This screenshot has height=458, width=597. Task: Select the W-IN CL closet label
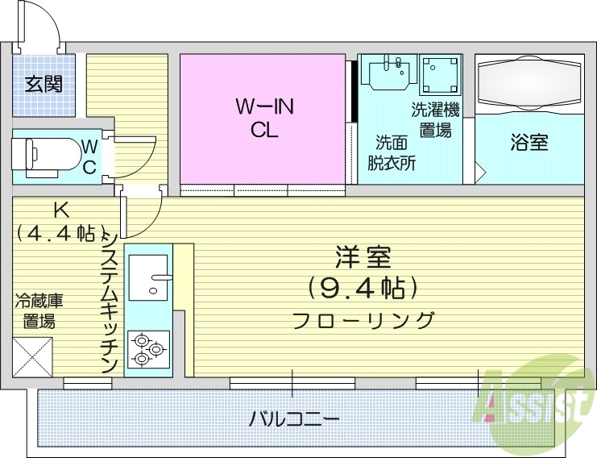[263, 117]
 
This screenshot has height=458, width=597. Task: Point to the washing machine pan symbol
[440, 75]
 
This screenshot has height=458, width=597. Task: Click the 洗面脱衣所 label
[392, 152]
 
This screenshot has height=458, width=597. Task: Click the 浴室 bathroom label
[529, 143]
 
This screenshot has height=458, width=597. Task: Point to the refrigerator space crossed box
[32, 357]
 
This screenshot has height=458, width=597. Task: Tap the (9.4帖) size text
[362, 286]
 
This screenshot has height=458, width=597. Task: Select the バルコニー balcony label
[294, 419]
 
